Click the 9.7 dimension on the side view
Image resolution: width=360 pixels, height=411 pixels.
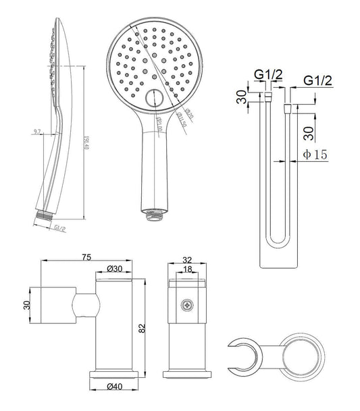tap(37, 132)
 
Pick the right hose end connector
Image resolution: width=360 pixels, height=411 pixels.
tap(288, 109)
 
